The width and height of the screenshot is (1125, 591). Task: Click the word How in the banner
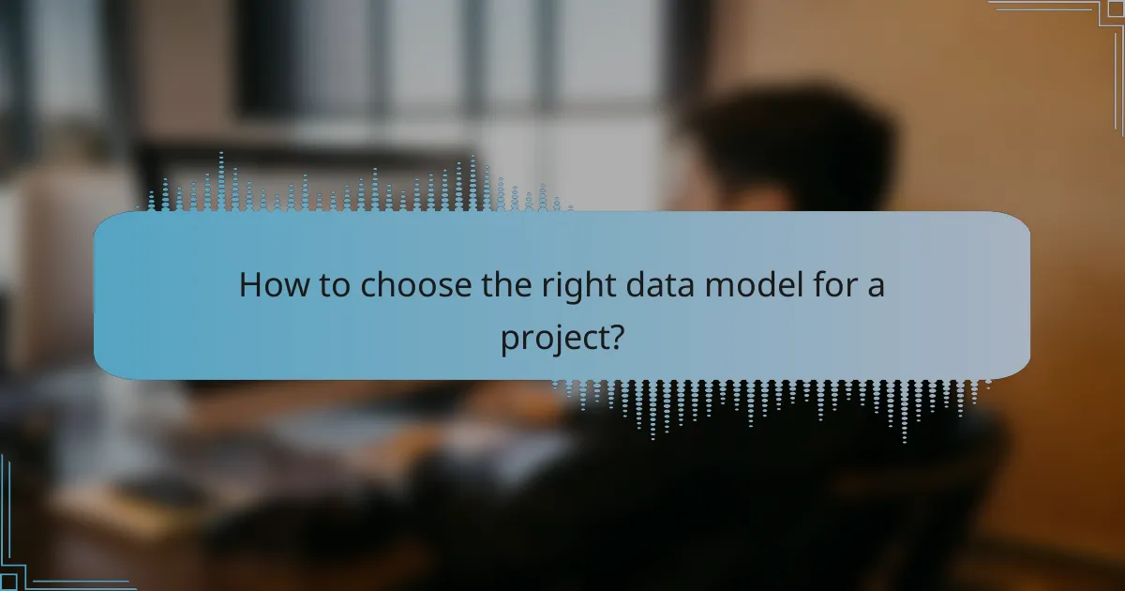pyautogui.click(x=270, y=284)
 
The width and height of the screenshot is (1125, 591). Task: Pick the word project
pyautogui.click(x=551, y=338)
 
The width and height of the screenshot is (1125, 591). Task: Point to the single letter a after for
pyautogui.click(x=876, y=285)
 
